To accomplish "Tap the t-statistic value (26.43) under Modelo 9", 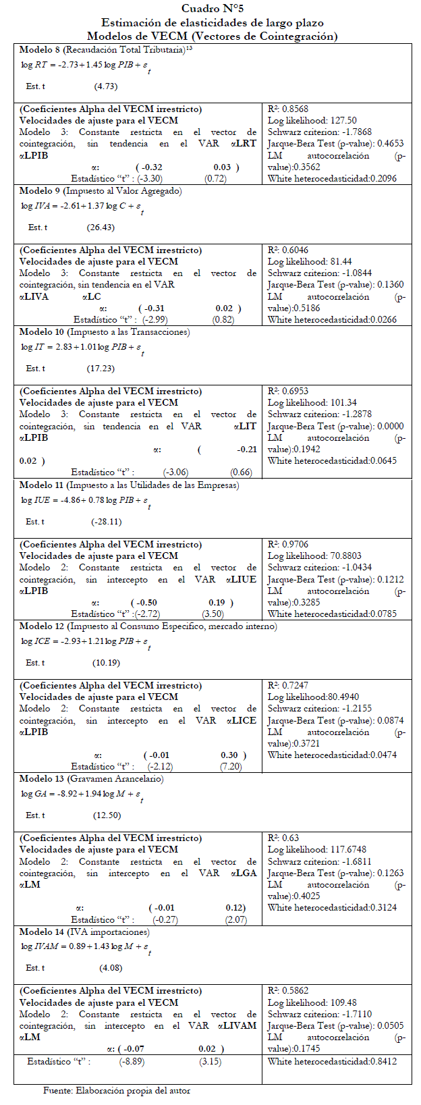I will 101,227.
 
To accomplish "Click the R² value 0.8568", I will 288,109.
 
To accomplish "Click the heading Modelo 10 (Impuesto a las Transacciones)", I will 105,332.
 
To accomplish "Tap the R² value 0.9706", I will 288,544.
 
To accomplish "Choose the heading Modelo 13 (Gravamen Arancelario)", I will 91,779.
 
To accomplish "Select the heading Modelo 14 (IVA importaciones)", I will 84,932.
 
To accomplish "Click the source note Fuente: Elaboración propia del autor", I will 116,1090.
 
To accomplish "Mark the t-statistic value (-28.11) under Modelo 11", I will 106,522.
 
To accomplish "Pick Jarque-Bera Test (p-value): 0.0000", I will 335,426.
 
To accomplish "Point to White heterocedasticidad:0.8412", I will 332,1061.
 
